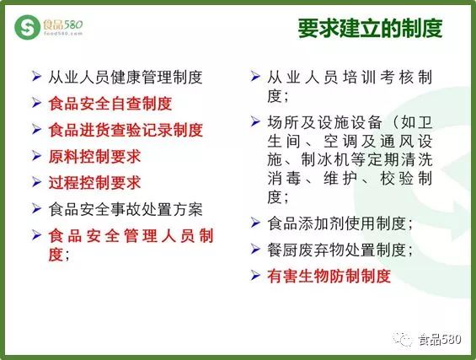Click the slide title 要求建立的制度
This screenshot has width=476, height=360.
(x=370, y=29)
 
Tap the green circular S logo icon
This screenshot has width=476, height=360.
(x=27, y=27)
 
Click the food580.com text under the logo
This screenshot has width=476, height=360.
(x=63, y=34)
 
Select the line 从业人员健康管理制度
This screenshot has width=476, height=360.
(x=126, y=78)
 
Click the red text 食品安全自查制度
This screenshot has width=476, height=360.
(x=110, y=104)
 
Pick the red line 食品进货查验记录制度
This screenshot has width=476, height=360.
(x=126, y=130)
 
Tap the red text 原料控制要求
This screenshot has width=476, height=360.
(x=94, y=157)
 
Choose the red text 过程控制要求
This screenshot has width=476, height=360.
(x=94, y=183)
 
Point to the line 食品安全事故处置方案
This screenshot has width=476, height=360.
(x=126, y=209)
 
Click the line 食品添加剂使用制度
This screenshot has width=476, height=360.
(x=340, y=223)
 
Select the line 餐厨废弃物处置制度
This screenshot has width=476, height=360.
(x=340, y=250)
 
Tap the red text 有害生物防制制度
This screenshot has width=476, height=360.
(x=329, y=277)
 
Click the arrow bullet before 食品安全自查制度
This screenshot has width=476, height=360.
(x=36, y=103)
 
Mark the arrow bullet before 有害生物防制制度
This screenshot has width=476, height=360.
(x=255, y=276)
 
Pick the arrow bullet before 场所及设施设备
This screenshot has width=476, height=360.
(x=255, y=121)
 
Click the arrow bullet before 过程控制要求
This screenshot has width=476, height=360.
(x=36, y=182)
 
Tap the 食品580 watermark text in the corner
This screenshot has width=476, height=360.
(x=440, y=339)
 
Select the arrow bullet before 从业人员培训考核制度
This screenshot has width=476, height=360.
(x=255, y=76)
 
